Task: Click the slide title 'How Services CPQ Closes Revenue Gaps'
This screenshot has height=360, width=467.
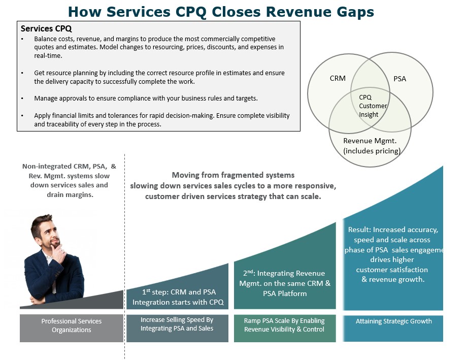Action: [221, 11]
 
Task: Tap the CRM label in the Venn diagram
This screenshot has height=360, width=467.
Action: [338, 78]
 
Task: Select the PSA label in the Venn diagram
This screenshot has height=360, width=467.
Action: [399, 79]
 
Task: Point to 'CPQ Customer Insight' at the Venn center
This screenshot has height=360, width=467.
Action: [373, 106]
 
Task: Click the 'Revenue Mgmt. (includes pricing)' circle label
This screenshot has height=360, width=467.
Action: [372, 146]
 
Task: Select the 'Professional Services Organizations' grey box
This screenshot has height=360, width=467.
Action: [72, 325]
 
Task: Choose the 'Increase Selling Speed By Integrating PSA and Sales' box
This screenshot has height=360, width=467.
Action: [177, 324]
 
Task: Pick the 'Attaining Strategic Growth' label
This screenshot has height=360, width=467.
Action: [393, 321]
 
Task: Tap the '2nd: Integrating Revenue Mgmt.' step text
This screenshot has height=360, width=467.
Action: [284, 283]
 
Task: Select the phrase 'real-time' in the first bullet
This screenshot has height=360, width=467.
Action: [48, 55]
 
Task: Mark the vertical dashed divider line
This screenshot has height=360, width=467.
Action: [125, 254]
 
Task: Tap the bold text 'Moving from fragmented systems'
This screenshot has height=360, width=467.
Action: [233, 175]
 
